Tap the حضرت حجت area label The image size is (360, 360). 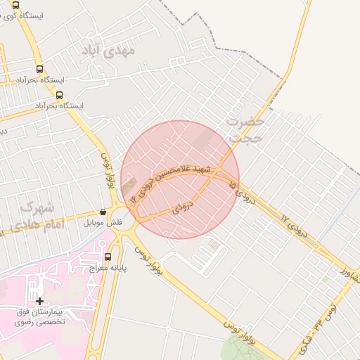(x=245, y=131)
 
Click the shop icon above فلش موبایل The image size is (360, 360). (x=103, y=212)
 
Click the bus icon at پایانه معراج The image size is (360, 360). (x=108, y=257)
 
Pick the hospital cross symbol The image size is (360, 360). (x=39, y=301)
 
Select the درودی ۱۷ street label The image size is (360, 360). (x=295, y=225)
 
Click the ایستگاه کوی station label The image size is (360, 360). (x=46, y=15)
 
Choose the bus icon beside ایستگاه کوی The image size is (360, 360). (x=16, y=4)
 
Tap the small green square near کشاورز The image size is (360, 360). (x=326, y=278)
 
